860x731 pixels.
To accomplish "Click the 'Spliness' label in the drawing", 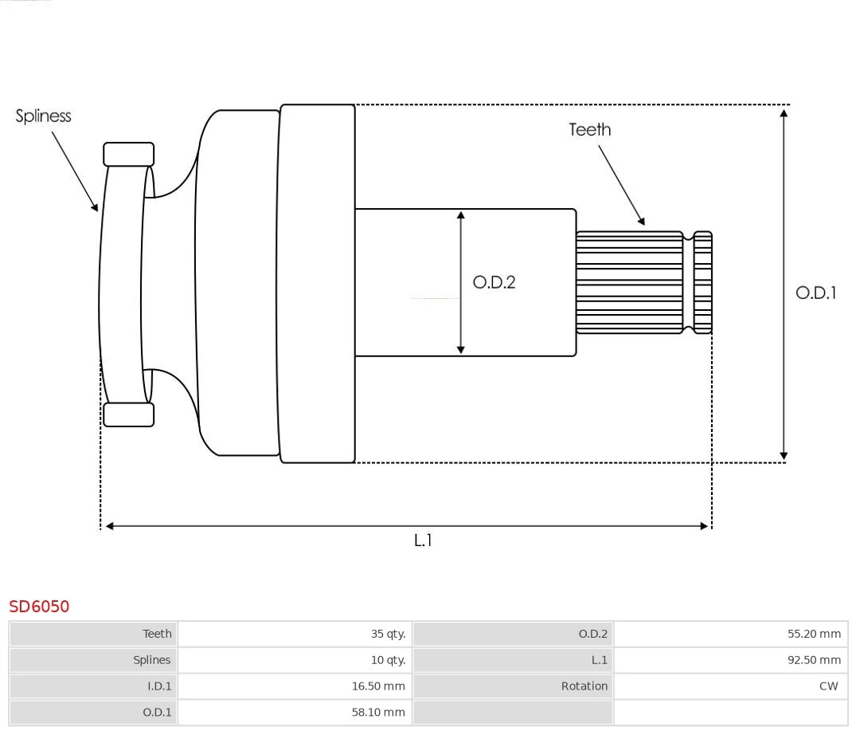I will click(x=44, y=116).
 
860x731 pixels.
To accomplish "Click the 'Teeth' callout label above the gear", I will click(x=590, y=130).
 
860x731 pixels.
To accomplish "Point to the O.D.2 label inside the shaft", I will click(x=494, y=282).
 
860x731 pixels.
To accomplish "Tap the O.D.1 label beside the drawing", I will click(x=816, y=293).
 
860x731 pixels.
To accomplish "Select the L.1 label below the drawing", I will click(x=423, y=540).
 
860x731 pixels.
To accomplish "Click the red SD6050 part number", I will click(x=39, y=607).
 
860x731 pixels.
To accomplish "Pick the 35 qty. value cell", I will click(x=388, y=634).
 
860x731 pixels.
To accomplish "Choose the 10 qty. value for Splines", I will click(x=388, y=660).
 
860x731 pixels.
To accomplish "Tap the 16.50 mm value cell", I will click(x=378, y=686).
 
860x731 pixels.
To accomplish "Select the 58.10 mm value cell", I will click(x=378, y=712).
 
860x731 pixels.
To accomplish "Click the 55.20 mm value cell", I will click(x=814, y=634).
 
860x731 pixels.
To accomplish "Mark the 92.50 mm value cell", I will click(x=814, y=660).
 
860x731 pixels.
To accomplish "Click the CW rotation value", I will click(x=828, y=686).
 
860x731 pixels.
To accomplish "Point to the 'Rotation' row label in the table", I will click(x=584, y=686).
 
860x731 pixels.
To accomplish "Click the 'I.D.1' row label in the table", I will click(x=159, y=686).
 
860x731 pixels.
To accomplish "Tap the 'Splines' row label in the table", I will click(x=152, y=660).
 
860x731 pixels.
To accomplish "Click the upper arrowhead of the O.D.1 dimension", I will click(x=784, y=113).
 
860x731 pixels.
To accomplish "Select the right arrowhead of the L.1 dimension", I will click(x=704, y=526).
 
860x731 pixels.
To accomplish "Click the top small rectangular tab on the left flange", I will click(x=129, y=154).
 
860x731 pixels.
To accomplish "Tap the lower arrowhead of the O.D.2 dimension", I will click(x=461, y=348).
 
